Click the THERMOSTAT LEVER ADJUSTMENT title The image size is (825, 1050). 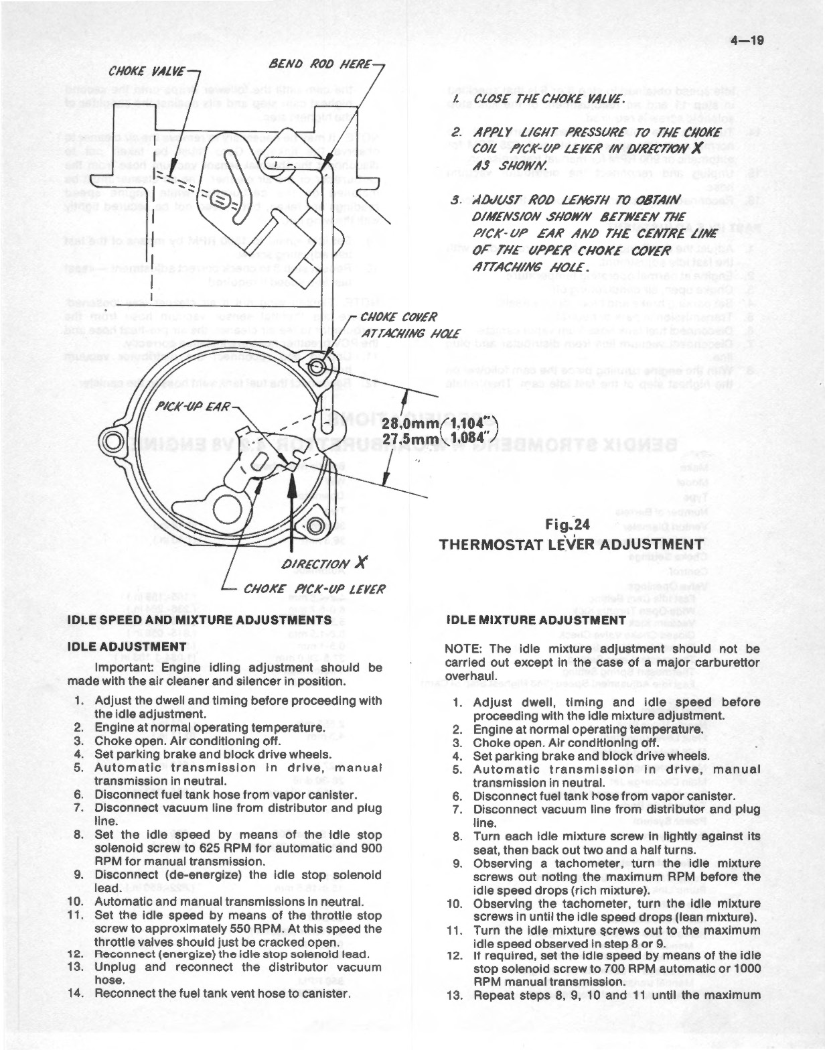coord(571,544)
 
